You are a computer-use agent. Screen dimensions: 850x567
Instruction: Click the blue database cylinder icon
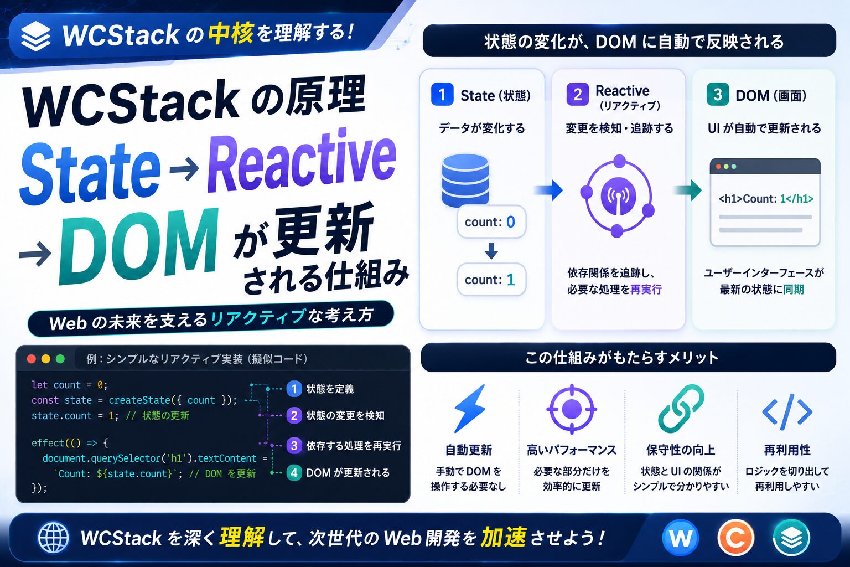click(465, 181)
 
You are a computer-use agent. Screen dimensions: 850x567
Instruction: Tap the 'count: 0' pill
click(491, 222)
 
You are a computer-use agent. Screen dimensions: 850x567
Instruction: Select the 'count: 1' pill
click(491, 280)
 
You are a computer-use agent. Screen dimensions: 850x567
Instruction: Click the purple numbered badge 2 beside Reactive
click(578, 94)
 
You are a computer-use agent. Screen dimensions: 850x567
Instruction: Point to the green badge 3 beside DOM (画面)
click(718, 94)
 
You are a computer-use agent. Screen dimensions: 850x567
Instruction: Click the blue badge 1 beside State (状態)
click(442, 94)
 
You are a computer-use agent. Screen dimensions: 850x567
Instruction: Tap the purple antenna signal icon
click(618, 196)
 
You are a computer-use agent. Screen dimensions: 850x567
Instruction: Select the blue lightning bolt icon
click(469, 409)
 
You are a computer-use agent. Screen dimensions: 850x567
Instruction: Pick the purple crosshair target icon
click(572, 409)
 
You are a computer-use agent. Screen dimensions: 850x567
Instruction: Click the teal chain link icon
click(681, 409)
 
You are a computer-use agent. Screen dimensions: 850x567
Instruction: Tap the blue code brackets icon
click(787, 411)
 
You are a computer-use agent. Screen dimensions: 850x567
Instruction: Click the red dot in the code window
click(32, 359)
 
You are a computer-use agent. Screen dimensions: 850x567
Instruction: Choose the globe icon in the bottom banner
click(54, 538)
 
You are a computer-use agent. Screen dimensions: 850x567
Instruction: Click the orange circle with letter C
click(736, 538)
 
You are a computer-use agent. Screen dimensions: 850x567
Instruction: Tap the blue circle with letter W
click(680, 538)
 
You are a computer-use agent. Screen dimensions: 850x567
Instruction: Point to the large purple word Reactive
click(302, 161)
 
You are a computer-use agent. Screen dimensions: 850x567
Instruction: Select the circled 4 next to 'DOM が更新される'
click(294, 473)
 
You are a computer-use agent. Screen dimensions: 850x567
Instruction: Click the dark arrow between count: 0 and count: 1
click(491, 251)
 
